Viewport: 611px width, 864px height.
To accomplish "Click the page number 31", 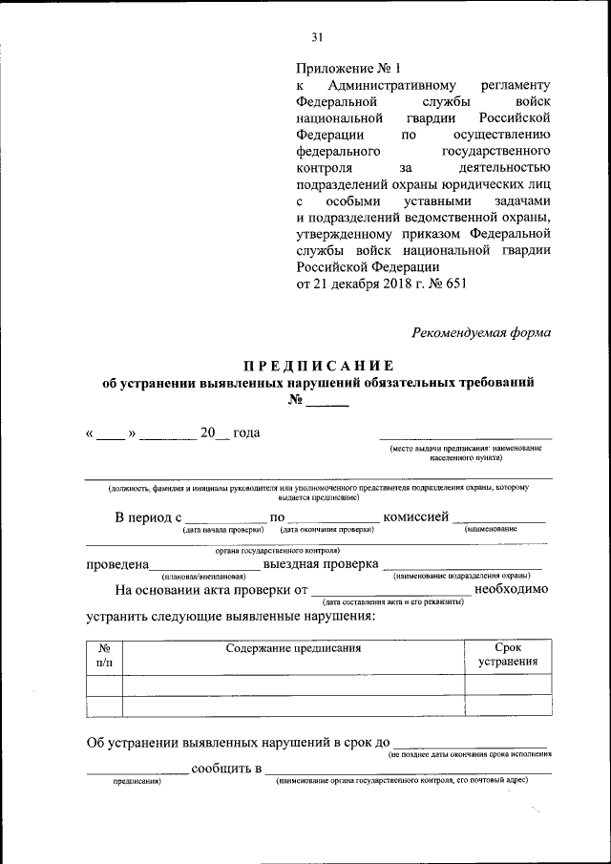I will point(317,37).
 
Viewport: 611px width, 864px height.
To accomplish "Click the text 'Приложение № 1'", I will point(349,68).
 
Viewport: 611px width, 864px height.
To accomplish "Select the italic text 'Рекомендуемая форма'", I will point(481,333).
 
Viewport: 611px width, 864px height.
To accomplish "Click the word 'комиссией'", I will point(415,517).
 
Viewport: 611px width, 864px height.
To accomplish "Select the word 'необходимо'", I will point(512,589).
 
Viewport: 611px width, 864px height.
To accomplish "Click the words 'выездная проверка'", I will point(318,565).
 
